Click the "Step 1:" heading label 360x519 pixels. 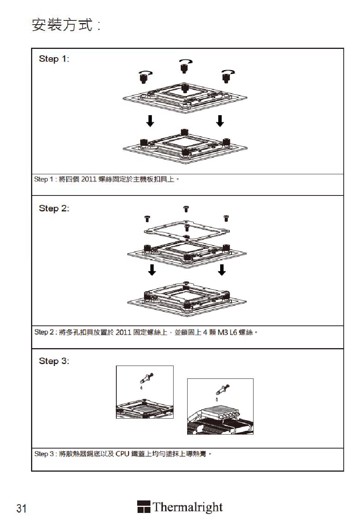coord(54,59)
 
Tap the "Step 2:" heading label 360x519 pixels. coord(54,208)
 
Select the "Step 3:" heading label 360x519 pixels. coord(54,361)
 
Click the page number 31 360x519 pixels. coord(22,508)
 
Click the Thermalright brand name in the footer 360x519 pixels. coord(187,507)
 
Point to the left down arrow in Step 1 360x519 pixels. coord(150,120)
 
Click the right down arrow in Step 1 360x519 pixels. coord(220,120)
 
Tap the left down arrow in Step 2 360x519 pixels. coord(152,270)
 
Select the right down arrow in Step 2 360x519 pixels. coord(222,270)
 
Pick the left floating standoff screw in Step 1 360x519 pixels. coord(144,78)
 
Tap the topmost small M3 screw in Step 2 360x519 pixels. coord(186,209)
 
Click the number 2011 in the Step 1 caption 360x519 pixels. coord(89,179)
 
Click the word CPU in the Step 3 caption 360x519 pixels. coord(122,453)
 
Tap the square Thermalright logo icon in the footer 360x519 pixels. coord(144,507)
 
